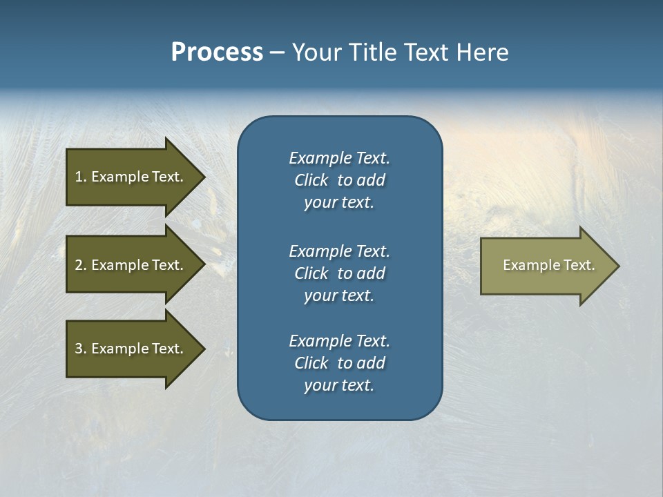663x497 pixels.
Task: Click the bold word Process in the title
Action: tap(217, 52)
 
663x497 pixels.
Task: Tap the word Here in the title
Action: tap(482, 52)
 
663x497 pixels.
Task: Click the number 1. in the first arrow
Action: tap(80, 177)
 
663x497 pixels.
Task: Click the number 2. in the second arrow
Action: tap(80, 265)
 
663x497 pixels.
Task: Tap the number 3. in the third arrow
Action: tap(80, 349)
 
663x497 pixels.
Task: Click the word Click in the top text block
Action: tap(311, 180)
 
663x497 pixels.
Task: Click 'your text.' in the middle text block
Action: tap(339, 295)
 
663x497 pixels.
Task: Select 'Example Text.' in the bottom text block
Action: tap(339, 341)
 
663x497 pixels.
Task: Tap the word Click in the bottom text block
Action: tap(311, 363)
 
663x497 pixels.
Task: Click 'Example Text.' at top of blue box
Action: tap(339, 158)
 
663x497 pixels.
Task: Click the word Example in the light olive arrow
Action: tap(528, 265)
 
